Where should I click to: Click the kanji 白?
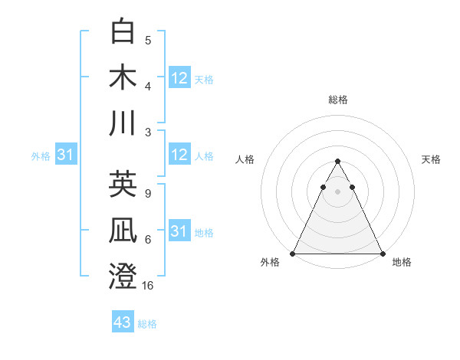click(123, 33)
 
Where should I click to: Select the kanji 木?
click(123, 78)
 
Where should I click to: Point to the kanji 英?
click(123, 185)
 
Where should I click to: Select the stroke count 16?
click(148, 286)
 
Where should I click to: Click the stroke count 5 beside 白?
click(148, 41)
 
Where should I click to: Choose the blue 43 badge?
click(123, 322)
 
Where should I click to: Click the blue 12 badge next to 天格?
click(179, 78)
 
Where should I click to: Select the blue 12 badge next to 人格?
click(179, 155)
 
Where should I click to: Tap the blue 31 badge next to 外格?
click(65, 155)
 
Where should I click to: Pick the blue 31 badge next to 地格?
click(179, 231)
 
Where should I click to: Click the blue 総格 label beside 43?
click(147, 324)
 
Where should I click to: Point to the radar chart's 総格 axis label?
click(337, 100)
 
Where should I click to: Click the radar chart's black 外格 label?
click(270, 263)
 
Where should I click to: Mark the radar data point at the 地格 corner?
click(382, 254)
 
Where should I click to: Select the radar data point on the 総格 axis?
click(337, 162)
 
